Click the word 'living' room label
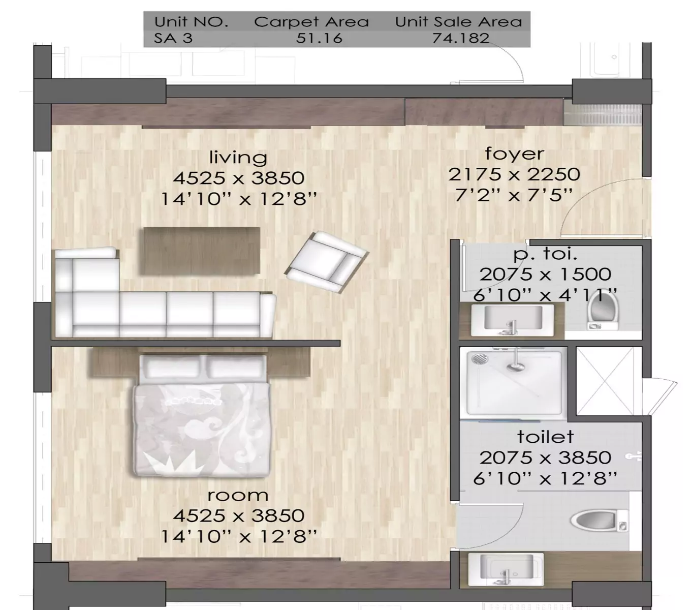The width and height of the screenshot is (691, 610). [238, 157]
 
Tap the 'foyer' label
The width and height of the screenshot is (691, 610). [514, 154]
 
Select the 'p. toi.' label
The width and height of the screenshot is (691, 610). [545, 253]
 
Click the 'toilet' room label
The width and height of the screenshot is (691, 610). [545, 437]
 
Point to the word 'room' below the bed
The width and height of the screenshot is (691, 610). [238, 495]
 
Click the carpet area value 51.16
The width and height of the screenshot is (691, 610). [319, 38]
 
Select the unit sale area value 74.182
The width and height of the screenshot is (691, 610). [461, 38]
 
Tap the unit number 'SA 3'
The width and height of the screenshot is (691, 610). [173, 38]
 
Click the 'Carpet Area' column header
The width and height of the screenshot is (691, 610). [311, 22]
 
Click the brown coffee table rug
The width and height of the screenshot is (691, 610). [202, 251]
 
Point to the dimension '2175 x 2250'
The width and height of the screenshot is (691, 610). [514, 174]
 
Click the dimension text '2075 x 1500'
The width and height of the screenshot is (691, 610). [545, 274]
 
